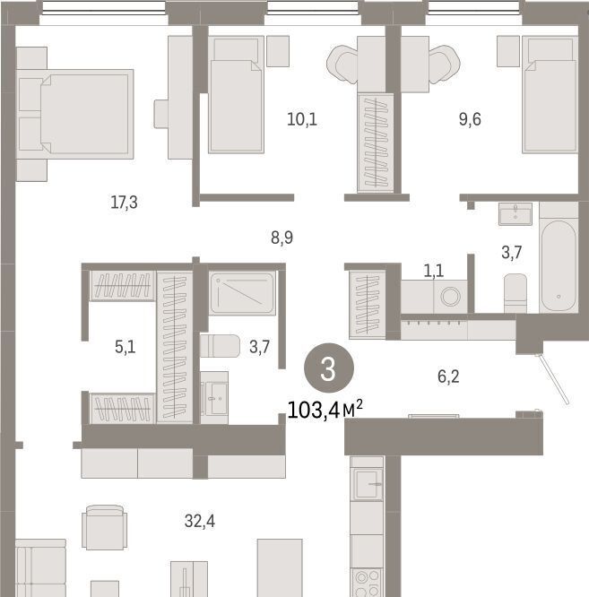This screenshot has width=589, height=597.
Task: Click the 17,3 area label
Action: [x=124, y=203]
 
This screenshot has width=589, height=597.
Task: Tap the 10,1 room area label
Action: [x=302, y=119]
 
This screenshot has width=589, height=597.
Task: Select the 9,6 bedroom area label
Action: [x=470, y=119]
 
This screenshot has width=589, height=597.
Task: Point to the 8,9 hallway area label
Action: [x=282, y=238]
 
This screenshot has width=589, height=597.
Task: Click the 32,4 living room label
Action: [x=200, y=521]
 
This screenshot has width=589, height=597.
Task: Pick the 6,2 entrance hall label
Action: [x=448, y=376]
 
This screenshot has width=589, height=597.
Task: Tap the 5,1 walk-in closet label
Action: [x=125, y=347]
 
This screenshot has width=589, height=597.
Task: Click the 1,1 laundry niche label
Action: [x=434, y=271]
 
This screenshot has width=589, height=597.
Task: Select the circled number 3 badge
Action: [x=329, y=368]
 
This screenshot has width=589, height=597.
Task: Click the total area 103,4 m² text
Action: [x=325, y=411]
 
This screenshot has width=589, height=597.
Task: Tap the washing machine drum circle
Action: [x=451, y=296]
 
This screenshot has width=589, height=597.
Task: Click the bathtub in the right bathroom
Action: [x=559, y=265]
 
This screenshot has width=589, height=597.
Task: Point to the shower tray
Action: [x=242, y=293]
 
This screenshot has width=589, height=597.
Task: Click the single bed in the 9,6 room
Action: [x=550, y=94]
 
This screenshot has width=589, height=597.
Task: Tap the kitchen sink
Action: [x=367, y=484]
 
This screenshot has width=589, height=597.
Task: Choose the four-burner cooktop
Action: [x=367, y=583]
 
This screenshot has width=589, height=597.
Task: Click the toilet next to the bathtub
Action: [x=515, y=293]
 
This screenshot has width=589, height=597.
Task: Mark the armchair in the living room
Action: [x=104, y=527]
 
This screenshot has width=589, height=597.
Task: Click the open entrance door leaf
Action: [x=552, y=379]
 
